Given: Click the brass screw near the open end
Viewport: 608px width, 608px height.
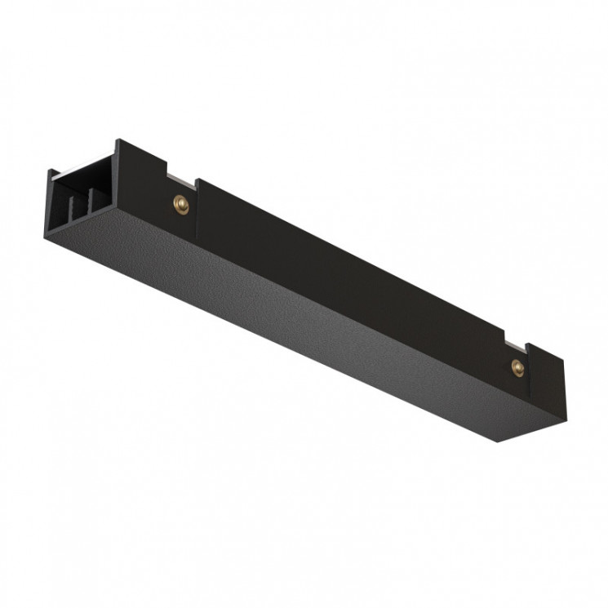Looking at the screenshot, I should point(180,205).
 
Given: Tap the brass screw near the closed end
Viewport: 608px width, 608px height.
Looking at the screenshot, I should point(517,366).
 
